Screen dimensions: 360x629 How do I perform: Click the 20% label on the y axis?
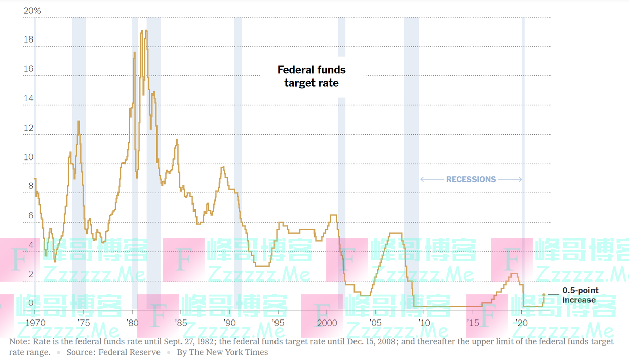point(32,11)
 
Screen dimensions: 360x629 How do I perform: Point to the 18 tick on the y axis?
point(29,39)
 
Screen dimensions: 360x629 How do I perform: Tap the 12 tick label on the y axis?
point(29,128)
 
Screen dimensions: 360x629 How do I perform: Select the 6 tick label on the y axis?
point(31,216)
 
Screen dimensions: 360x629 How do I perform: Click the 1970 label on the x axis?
point(35,323)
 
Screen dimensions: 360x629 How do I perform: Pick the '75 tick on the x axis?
point(84,323)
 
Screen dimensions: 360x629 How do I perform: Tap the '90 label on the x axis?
point(229,323)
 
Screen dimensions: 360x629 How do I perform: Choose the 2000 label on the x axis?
point(327,323)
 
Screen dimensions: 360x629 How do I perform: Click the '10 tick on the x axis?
point(424,323)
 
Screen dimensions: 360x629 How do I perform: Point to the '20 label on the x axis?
point(521,323)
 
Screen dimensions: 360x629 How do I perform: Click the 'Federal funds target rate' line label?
point(311,76)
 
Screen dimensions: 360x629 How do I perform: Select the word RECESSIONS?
point(471,179)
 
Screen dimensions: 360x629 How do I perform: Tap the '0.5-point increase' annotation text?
point(580,295)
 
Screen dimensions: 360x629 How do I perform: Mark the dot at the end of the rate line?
point(544,295)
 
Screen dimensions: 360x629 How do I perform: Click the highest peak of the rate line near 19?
point(146,31)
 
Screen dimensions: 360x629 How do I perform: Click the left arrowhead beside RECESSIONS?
point(422,179)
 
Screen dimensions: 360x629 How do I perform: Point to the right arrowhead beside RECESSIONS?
point(521,179)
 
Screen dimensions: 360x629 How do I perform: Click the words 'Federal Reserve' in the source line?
point(129,352)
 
